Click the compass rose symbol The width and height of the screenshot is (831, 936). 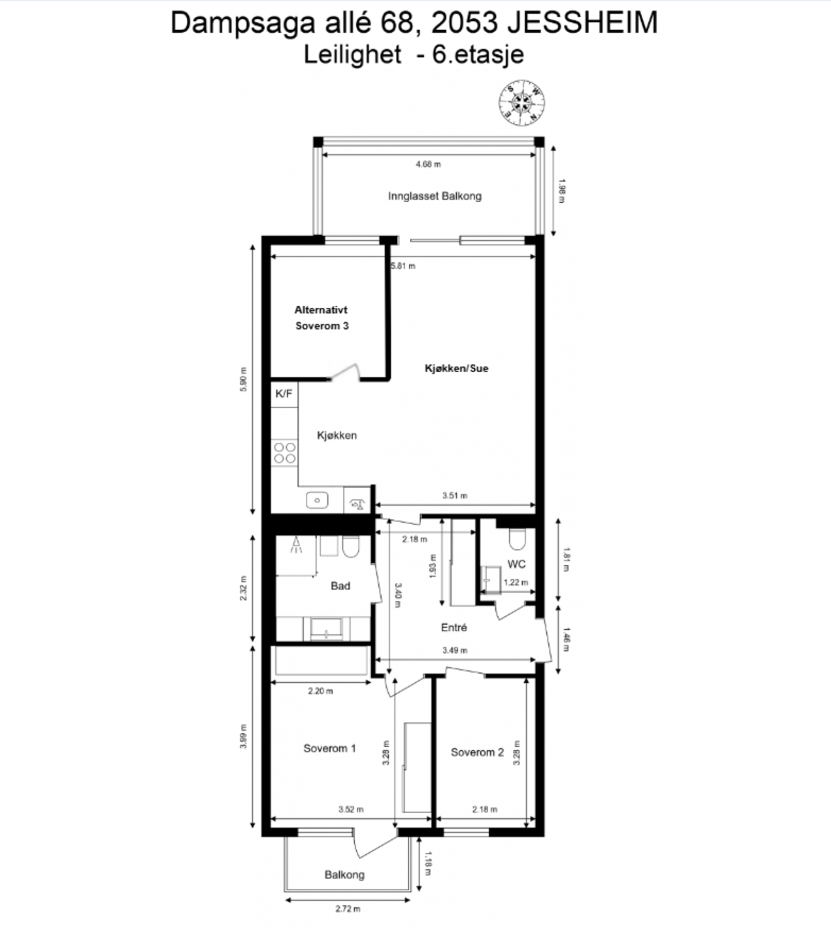(522, 102)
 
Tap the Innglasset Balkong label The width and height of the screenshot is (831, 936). (434, 196)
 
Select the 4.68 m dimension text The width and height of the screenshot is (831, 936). (428, 164)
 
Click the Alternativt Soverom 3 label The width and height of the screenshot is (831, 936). (321, 318)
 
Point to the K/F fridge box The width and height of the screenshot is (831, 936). (284, 394)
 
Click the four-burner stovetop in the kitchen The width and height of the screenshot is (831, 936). (284, 452)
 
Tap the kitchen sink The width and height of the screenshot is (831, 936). (317, 501)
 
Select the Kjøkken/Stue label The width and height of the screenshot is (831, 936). (456, 368)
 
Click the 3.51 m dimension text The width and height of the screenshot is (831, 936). (455, 496)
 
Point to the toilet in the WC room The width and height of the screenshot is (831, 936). (517, 539)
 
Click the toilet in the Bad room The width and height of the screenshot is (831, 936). (350, 547)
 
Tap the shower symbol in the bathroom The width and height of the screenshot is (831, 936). (296, 545)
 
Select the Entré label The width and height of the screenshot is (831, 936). (453, 628)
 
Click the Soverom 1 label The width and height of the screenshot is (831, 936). (329, 748)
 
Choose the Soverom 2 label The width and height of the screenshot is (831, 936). (477, 752)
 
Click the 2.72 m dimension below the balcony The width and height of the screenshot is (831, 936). (347, 908)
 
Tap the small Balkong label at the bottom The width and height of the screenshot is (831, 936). (344, 874)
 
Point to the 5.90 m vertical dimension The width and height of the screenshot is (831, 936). (243, 379)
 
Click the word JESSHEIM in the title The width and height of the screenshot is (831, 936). (582, 23)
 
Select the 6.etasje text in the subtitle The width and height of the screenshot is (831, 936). (478, 55)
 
